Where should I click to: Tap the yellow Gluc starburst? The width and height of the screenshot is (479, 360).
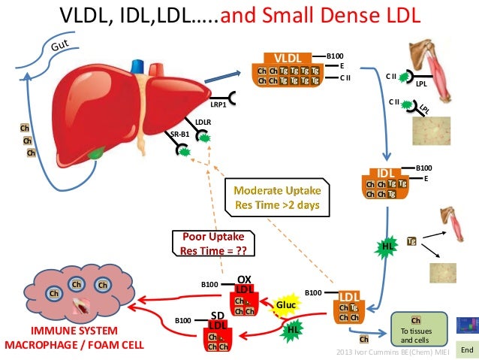286,305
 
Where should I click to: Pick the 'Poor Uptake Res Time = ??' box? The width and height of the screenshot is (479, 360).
209,244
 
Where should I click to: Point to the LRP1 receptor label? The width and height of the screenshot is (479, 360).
218,104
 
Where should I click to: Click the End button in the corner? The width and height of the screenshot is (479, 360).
466,350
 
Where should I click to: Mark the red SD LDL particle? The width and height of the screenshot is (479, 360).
217,334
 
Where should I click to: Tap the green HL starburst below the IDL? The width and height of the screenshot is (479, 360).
387,246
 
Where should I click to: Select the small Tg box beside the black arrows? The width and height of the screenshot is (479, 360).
411,241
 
